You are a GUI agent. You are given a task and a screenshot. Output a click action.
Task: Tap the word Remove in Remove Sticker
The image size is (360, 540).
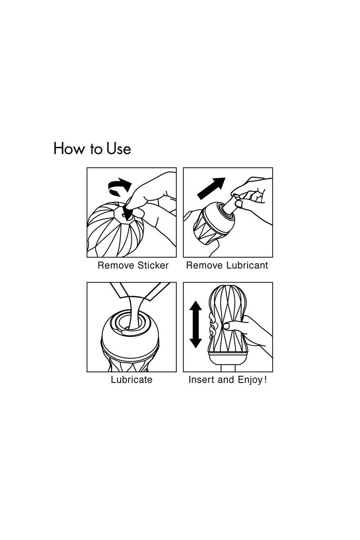click(x=116, y=265)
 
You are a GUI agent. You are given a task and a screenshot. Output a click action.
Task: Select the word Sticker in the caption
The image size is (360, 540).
click(x=153, y=265)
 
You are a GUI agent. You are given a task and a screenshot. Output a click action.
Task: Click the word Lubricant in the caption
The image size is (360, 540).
click(x=247, y=265)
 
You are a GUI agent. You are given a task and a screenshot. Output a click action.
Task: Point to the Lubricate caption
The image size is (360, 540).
click(x=132, y=380)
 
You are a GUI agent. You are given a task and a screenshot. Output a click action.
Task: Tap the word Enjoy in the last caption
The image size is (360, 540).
click(x=250, y=380)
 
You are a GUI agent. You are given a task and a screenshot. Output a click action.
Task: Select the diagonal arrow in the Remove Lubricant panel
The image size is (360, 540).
click(x=211, y=189)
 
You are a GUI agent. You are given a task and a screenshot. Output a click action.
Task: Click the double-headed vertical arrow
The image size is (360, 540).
click(x=196, y=324)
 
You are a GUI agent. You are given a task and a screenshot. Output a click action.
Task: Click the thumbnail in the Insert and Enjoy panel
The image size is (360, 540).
click(x=227, y=326)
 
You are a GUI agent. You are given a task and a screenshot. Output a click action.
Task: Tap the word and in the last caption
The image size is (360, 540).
click(x=226, y=380)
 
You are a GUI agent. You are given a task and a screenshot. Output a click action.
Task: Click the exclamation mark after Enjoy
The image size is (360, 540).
click(x=265, y=380)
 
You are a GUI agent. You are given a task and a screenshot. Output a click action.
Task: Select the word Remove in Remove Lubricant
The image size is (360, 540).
click(x=204, y=265)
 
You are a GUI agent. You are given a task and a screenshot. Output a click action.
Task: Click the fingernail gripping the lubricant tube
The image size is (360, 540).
click(x=239, y=204)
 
